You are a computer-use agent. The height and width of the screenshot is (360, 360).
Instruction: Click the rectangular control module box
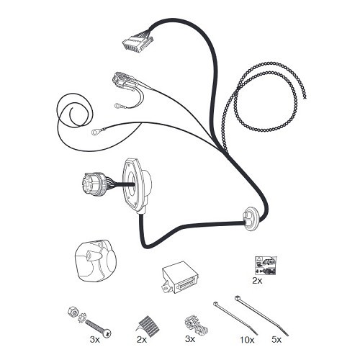pos(180,277)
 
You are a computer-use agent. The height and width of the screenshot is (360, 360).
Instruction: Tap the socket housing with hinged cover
pos(95,261)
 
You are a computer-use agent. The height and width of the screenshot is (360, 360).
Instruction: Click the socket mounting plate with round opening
pos(138,186)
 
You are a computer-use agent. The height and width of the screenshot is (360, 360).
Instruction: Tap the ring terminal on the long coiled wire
pos(96,131)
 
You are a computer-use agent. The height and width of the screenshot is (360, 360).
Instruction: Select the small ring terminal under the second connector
pos(119,105)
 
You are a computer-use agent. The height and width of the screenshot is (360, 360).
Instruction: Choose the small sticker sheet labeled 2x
pos(265,265)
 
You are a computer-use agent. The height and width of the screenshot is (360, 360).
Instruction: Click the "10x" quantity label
pos(247,340)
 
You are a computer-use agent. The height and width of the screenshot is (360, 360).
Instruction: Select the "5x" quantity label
pos(276,340)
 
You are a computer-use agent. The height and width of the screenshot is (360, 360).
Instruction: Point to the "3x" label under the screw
pos(95,340)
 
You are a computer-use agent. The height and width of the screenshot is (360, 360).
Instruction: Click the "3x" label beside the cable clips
pos(190,339)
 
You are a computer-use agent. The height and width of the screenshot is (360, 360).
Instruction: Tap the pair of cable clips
pos(196,326)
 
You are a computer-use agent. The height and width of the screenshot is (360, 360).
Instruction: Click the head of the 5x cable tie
pos(237,298)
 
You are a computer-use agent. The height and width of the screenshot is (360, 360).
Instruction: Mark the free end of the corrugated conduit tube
pos(305,96)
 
